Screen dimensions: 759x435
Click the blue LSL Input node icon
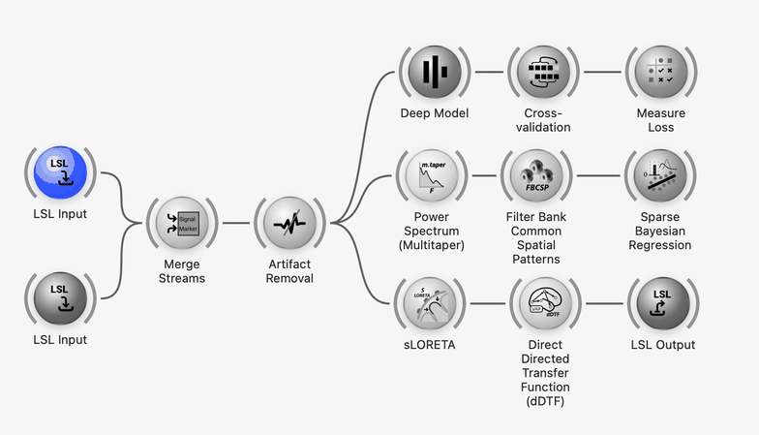coord(60,172)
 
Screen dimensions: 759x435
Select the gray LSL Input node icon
coord(60,298)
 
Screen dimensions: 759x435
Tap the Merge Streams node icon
coord(182,223)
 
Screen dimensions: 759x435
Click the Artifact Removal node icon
coord(289,223)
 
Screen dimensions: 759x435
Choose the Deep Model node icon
coord(435,72)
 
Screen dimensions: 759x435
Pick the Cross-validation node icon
coord(543,72)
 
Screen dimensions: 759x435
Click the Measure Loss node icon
coord(661,72)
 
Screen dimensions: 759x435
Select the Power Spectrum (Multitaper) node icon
coord(432,175)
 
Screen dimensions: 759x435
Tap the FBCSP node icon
coord(536,175)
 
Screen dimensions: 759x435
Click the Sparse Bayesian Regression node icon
coord(660,175)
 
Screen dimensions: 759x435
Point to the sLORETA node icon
coord(430,303)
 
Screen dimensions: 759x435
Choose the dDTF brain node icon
coord(546,303)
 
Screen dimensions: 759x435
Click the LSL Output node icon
coord(663,303)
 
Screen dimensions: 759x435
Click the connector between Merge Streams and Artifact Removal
coord(236,223)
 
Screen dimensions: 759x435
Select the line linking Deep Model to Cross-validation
coord(489,72)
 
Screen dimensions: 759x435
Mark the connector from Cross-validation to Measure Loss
coord(602,72)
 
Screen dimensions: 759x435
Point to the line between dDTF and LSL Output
coord(604,303)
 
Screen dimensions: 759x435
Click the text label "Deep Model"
coord(435,113)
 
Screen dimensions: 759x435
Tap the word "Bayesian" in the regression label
coord(660,231)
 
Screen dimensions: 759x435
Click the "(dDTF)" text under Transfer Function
coord(545,401)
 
